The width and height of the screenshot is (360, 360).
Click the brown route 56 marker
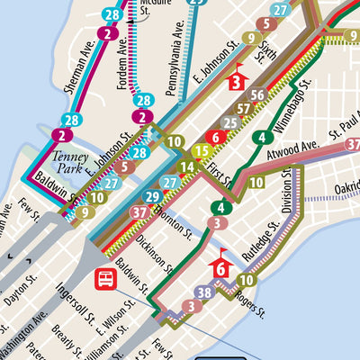pos(257,95)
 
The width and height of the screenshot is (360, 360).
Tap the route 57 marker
pos(244,109)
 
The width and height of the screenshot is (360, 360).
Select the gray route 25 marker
pos(230,123)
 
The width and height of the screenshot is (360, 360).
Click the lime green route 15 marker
pos(201,151)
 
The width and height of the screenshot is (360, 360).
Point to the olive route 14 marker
pos(187,166)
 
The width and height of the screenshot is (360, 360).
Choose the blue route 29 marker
pos(153,197)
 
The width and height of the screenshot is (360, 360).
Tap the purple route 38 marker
pos(204,292)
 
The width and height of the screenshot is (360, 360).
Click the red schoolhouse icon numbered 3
pos(237,79)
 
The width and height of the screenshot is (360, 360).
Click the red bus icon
pos(105,279)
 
